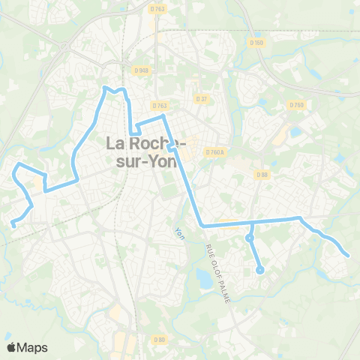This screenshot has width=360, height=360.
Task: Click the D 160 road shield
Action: (257, 42)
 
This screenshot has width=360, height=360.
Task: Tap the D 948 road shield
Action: (142, 70)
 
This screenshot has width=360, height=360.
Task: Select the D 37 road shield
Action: (201, 98)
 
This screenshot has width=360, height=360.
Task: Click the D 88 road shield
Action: (262, 175)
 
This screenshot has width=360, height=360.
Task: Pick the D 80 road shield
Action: (159, 340)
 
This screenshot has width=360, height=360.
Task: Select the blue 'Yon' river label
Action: (179, 234)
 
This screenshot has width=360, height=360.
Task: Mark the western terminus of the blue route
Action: (13, 223)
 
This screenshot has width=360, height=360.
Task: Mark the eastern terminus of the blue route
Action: (349, 256)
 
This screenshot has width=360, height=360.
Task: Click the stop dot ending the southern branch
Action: (259, 270)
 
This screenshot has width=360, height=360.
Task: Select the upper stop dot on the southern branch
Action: (250, 238)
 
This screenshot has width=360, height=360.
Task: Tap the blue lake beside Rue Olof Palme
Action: (202, 279)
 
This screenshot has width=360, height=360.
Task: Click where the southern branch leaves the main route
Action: (251, 223)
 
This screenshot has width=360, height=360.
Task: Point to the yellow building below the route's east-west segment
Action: (229, 222)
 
